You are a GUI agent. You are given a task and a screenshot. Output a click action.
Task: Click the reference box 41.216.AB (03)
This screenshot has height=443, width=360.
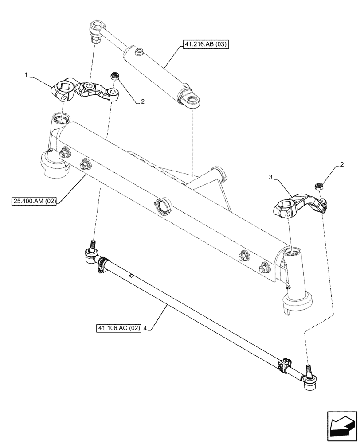click(x=204, y=45)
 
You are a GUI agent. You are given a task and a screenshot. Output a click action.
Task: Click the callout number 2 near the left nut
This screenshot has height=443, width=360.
click(x=143, y=101)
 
